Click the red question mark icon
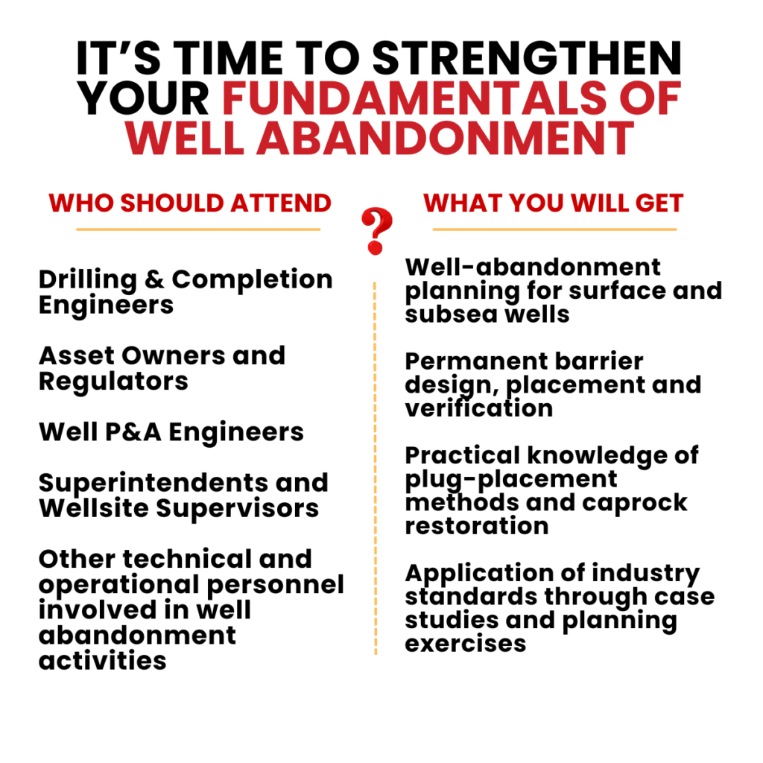pos(376,231)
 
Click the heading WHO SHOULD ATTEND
pos(190,203)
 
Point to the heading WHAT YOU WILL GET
pos(554,203)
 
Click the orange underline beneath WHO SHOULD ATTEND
pos(198,229)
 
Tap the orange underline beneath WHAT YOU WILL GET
pos(554,229)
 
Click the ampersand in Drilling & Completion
pos(155,280)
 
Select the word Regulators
pos(113,382)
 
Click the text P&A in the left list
pos(133,432)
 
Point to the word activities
pos(103,661)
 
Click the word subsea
pos(451,314)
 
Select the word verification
pos(479,408)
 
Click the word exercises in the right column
pos(466,644)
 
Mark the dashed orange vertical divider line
pos(376,468)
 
